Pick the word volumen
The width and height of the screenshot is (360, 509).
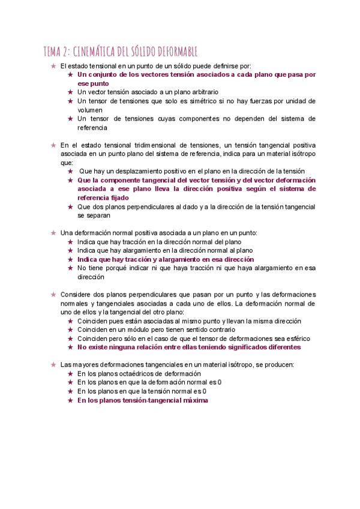point(91,110)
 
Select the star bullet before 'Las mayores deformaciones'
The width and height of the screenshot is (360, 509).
point(53,364)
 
